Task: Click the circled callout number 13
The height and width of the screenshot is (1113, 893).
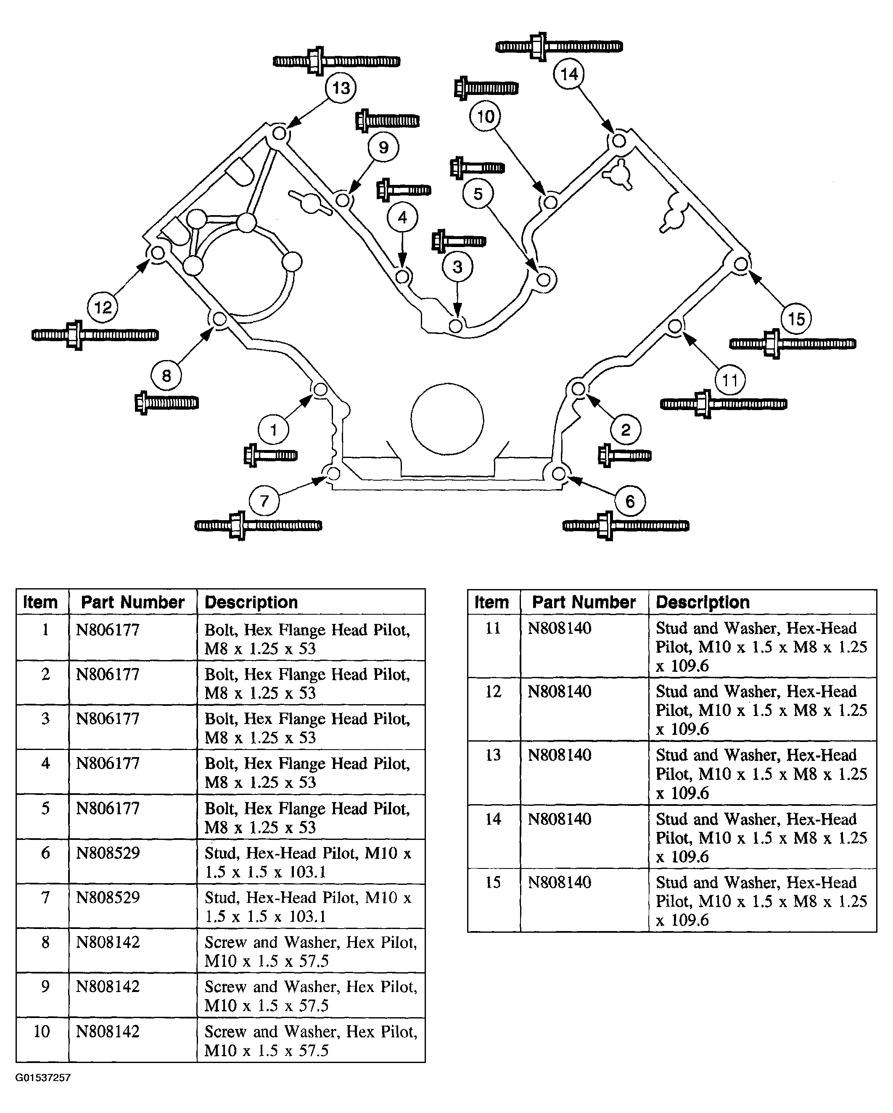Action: (x=341, y=88)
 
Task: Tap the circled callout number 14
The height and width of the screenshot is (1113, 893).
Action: (x=569, y=74)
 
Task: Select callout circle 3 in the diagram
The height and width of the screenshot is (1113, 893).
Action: (x=457, y=267)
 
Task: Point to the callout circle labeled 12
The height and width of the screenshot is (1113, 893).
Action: (x=103, y=308)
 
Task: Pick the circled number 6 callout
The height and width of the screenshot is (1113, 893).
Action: (x=629, y=501)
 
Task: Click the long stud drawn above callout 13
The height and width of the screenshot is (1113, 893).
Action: (x=336, y=61)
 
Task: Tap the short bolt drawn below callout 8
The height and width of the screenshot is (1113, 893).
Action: (x=166, y=402)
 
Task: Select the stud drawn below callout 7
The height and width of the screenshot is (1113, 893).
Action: (x=258, y=526)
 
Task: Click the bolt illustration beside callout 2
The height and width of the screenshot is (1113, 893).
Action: (x=624, y=455)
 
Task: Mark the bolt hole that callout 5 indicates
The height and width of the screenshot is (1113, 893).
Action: (x=543, y=279)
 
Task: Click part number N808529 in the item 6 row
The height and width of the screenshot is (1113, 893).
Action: (x=108, y=853)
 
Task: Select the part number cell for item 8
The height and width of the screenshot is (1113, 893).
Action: (x=108, y=942)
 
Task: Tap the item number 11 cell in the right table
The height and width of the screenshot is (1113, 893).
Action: (x=493, y=628)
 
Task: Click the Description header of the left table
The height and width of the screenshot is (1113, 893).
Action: (x=251, y=602)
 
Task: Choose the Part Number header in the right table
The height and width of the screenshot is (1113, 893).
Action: (x=584, y=602)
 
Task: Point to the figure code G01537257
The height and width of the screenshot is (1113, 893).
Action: (x=43, y=1078)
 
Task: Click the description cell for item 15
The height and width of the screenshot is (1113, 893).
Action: (x=761, y=901)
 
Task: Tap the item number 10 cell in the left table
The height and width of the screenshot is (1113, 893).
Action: (x=42, y=1031)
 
